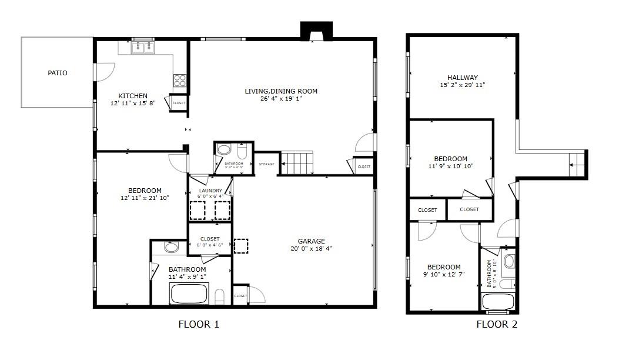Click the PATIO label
[58, 73]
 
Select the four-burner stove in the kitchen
[180, 81]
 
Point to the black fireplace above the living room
[316, 31]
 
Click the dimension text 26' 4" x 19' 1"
[281, 99]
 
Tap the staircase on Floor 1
[297, 162]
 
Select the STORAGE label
[266, 164]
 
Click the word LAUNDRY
[210, 191]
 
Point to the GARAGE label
[311, 241]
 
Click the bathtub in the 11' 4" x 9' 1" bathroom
[189, 294]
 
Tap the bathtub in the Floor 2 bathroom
[497, 302]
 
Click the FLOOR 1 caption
[199, 324]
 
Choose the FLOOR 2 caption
[497, 324]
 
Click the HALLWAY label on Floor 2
[462, 78]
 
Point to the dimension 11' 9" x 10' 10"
[451, 166]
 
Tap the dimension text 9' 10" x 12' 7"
[444, 274]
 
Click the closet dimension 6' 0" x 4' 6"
[210, 245]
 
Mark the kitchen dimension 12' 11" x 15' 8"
[133, 104]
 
